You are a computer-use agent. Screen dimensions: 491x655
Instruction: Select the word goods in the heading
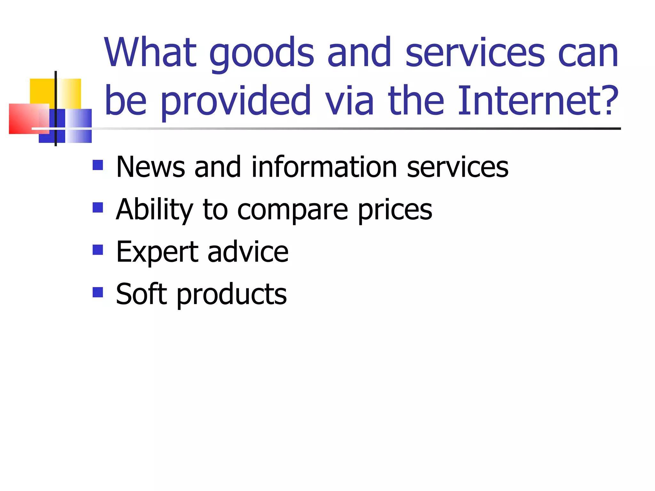coord(262,53)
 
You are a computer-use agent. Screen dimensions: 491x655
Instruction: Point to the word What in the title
coord(150,52)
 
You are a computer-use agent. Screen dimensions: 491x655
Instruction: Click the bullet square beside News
coord(98,165)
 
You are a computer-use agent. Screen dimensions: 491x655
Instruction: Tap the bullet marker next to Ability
coord(98,207)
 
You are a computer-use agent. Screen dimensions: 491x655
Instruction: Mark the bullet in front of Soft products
coord(98,292)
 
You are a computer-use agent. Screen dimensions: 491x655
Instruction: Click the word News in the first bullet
coord(151,167)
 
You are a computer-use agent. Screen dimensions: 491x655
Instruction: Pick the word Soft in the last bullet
coord(141,294)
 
